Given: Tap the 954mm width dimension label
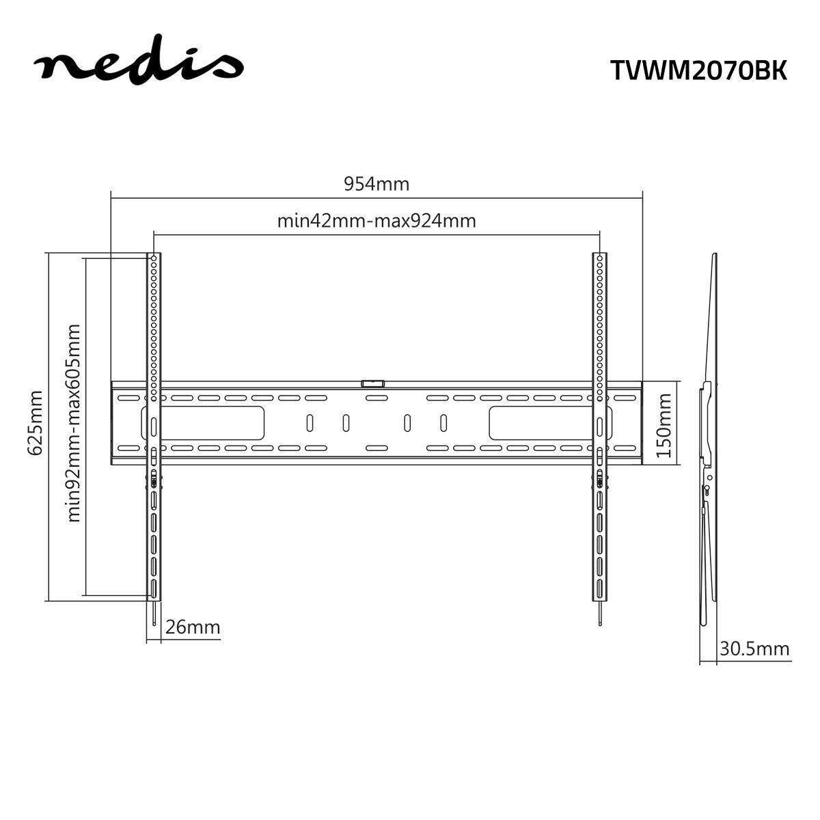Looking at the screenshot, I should (x=377, y=184).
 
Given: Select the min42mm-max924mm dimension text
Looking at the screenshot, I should (x=377, y=221).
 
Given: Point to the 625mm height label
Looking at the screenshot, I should (x=35, y=422).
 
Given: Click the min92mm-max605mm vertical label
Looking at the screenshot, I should (x=73, y=422).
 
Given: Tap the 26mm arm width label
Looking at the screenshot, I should (x=193, y=627).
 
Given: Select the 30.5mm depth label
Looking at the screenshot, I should (x=754, y=648).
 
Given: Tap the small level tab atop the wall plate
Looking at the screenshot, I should (x=373, y=384).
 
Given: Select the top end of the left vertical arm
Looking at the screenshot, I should (x=154, y=257).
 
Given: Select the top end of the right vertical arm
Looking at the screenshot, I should (x=599, y=257).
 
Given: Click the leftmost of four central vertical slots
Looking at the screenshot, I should (x=309, y=423).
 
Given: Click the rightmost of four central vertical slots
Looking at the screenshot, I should (x=443, y=423).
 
